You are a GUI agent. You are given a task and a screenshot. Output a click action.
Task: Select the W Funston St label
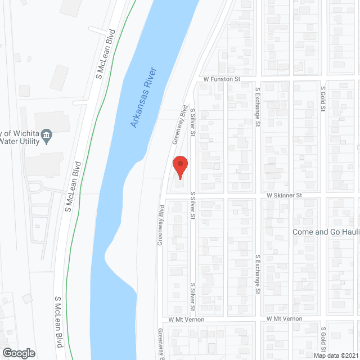pos(222,79)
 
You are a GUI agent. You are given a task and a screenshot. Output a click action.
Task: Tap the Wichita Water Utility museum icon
pos(47,134)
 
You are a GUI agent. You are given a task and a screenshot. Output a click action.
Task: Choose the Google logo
pos(18,353)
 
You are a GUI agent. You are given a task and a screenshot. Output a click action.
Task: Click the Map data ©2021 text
pos(336,355)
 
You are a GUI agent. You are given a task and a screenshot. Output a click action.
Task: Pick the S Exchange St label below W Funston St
pos(258,106)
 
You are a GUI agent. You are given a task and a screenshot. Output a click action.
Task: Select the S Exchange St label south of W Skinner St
pos(258,274)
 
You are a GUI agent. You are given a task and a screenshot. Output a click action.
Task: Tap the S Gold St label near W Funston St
pos(323,99)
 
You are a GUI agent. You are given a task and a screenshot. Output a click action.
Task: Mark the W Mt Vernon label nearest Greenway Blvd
pos(181,319)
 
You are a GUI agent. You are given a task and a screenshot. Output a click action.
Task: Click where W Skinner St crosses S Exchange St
pos(258,195)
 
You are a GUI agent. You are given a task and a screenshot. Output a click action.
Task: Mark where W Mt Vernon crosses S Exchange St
pos(258,319)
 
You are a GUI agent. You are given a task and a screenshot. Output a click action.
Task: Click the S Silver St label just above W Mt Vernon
pos(192,296)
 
